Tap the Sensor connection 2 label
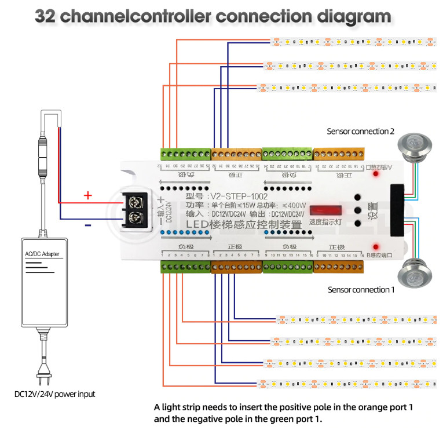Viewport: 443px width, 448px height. click(357, 132)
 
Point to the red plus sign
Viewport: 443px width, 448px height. click(88, 195)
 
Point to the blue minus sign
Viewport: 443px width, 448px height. click(87, 225)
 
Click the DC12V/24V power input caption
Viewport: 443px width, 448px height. click(55, 394)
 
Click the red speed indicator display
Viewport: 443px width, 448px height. click(326, 210)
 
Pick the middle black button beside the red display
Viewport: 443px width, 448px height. click(357, 210)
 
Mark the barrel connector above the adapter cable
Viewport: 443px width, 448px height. click(41, 155)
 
